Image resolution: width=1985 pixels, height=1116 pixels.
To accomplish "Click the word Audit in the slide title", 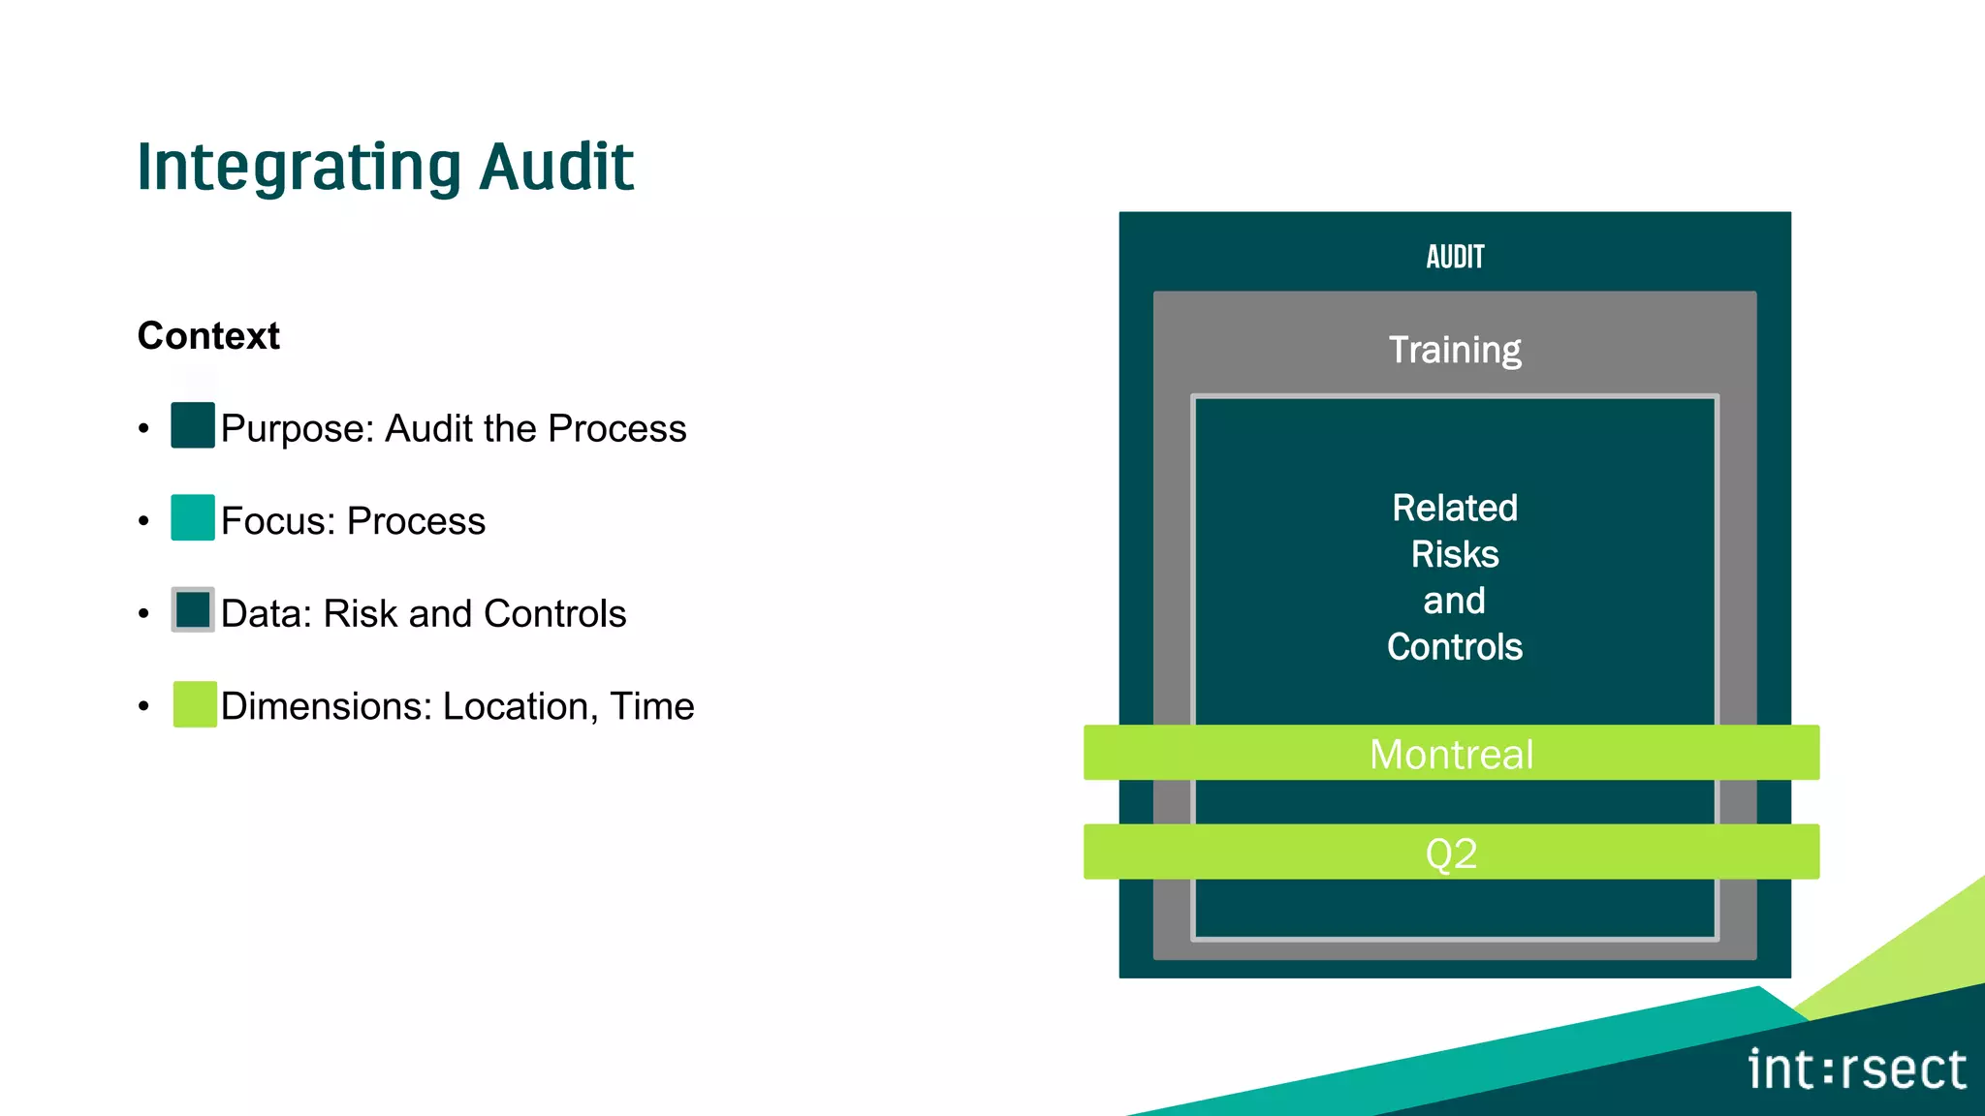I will pos(556,167).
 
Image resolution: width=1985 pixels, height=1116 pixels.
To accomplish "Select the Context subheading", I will pos(208,336).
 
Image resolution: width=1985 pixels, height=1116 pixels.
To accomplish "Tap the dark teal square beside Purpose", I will pos(193,425).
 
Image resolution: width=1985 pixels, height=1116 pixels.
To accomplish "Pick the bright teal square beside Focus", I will pos(193,517).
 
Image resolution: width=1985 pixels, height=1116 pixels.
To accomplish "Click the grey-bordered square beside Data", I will pos(193,610).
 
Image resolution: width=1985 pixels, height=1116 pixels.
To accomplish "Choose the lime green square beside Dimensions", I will pos(195,704).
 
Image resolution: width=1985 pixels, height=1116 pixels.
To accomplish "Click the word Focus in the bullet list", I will pos(277,521).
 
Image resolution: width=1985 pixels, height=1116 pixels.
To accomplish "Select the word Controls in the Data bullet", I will pos(554,614).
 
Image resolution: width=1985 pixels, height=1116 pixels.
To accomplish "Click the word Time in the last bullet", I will pos(652,707).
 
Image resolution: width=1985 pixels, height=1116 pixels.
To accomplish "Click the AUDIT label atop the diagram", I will pos(1455,257).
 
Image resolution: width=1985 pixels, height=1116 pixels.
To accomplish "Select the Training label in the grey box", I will pos(1455,350).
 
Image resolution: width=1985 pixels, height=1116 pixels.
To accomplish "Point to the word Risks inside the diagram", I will pos(1455,555).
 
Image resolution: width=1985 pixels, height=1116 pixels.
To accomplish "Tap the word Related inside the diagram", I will pos(1455,509).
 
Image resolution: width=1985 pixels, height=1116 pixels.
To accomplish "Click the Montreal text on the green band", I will pos(1451,755).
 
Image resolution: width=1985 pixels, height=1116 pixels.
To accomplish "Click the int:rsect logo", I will pos(1857,1070).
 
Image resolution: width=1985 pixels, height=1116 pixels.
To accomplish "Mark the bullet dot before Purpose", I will pos(143,428).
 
